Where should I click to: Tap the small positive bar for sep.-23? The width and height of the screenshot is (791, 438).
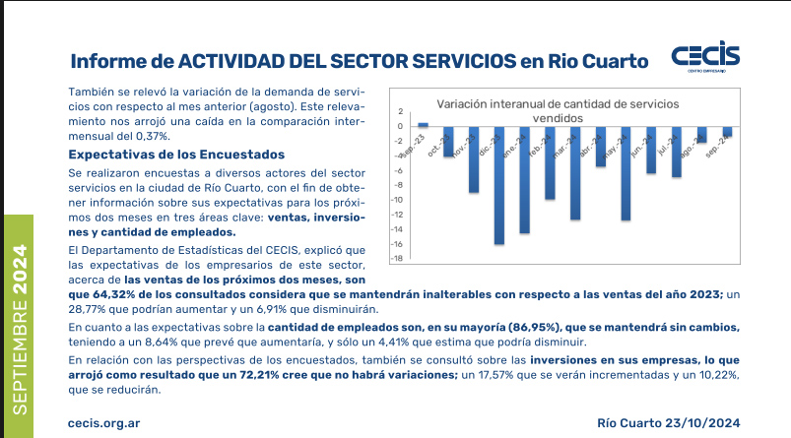424,124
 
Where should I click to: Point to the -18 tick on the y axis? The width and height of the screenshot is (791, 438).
399,259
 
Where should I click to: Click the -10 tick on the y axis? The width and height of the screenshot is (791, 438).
399,200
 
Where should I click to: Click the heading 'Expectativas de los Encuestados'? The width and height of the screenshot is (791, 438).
176,155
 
